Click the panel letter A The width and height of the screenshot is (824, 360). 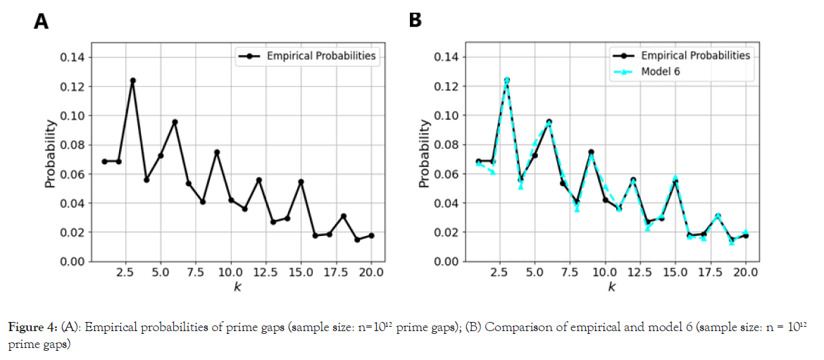(x=41, y=23)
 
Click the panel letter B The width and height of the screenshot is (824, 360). (x=416, y=21)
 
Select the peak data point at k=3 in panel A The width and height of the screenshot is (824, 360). (x=132, y=80)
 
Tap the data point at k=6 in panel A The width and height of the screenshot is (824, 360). (x=175, y=122)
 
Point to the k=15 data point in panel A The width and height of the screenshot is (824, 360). (x=301, y=182)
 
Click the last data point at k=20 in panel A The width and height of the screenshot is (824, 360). (x=371, y=235)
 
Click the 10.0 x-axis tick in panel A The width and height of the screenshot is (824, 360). (x=231, y=272)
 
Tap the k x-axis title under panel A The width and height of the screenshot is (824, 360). (x=238, y=287)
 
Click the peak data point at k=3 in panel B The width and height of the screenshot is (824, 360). (x=506, y=80)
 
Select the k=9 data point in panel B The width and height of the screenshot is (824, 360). (x=591, y=152)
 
